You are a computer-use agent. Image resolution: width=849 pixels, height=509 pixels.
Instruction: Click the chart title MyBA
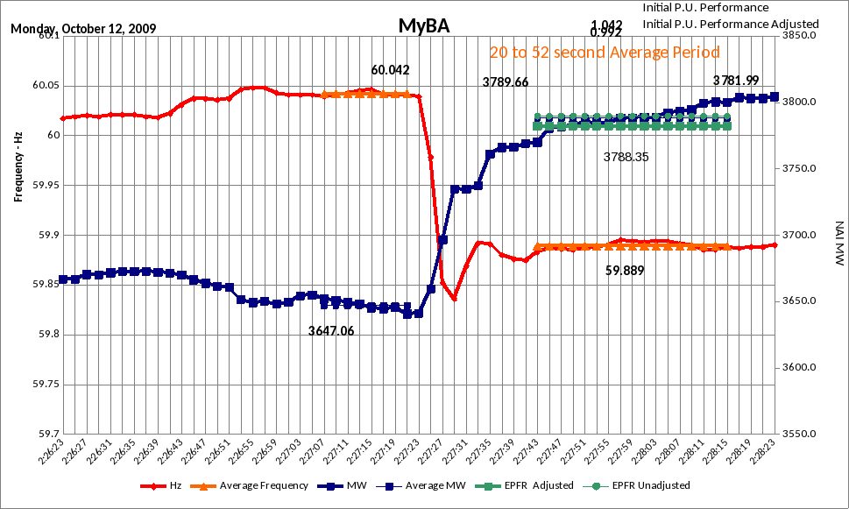pos(424,25)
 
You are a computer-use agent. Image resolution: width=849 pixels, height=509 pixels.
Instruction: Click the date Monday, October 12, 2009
pos(83,28)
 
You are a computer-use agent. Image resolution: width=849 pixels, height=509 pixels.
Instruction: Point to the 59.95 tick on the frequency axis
pos(43,186)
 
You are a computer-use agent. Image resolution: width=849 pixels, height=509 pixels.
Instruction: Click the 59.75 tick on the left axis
pos(43,385)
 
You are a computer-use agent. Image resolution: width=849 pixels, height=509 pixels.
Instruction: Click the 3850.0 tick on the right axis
pos(799,36)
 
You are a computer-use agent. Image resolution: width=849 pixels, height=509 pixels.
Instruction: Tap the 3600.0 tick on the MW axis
pos(799,367)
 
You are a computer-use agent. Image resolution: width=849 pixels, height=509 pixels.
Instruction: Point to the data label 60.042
pos(390,70)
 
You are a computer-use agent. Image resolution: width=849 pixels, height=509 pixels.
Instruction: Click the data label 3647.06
pos(331,331)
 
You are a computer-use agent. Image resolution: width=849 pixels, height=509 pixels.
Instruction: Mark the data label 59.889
pos(625,271)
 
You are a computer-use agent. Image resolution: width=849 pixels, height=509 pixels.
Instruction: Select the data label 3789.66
pos(506,82)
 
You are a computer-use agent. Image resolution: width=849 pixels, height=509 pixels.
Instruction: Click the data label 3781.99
pos(736,81)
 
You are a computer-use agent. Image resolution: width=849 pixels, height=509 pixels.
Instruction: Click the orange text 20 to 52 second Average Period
pos(605,53)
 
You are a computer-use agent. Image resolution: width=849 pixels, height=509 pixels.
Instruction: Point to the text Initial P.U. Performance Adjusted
pos(731,24)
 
